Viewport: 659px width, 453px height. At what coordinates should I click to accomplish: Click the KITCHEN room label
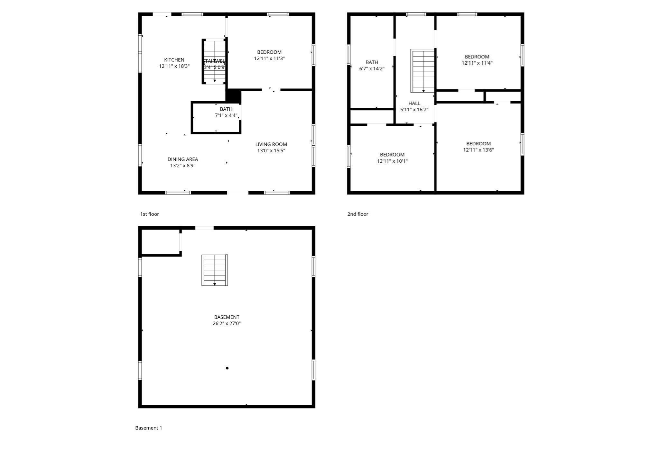tap(174, 60)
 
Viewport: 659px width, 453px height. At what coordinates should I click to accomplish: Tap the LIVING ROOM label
tap(271, 144)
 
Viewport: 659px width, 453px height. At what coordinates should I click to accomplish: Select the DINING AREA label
tap(182, 159)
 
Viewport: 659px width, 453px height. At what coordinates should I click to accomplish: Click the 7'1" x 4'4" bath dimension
tap(226, 115)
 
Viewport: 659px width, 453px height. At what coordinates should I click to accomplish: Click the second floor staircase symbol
tap(422, 71)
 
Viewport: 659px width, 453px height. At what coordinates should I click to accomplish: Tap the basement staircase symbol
tap(215, 270)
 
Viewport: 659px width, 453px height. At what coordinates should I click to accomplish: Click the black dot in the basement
tap(227, 368)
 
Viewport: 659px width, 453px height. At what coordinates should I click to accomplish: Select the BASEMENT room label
tap(227, 317)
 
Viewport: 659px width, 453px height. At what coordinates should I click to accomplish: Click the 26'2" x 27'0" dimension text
tap(227, 323)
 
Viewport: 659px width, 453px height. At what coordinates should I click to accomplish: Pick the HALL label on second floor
tap(414, 103)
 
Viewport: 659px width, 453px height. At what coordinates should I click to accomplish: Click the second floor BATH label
tap(372, 62)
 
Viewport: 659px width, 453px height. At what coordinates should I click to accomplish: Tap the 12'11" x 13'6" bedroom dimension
tap(478, 150)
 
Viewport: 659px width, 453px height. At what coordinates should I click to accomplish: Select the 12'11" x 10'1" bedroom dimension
tap(392, 161)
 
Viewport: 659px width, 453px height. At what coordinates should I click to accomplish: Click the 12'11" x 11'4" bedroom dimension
tap(477, 63)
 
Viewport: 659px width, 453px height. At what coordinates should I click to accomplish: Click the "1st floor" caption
tap(149, 214)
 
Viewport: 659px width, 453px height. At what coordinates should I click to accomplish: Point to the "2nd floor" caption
tap(357, 214)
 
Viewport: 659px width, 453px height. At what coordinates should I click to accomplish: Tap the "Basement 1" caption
tap(148, 428)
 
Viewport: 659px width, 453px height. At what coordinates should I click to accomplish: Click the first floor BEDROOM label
tap(269, 52)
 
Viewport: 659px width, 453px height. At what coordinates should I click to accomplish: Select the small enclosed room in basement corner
tap(160, 242)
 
